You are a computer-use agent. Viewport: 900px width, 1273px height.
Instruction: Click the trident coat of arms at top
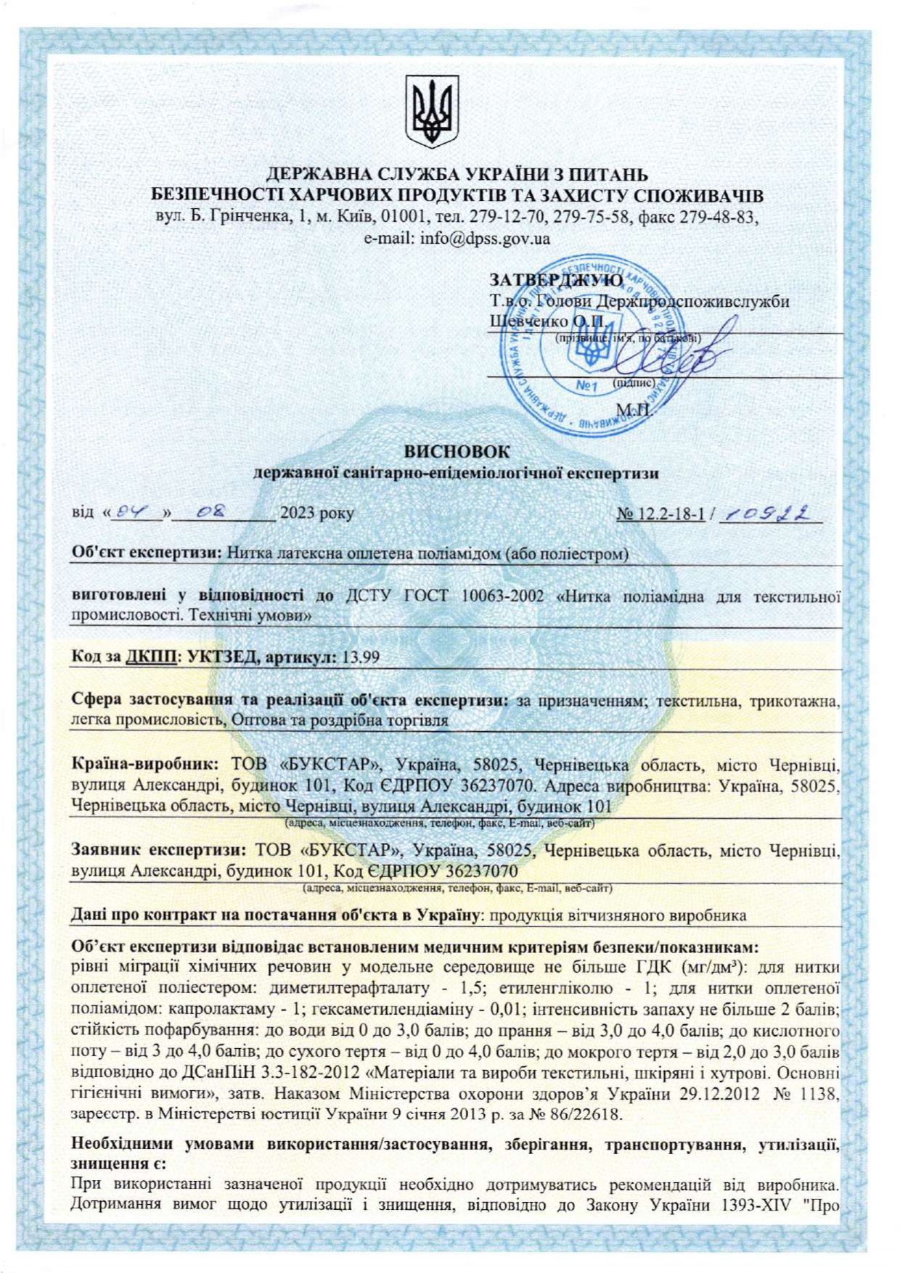[x=432, y=112]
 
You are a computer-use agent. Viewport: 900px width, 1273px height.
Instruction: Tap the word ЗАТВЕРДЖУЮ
[x=556, y=280]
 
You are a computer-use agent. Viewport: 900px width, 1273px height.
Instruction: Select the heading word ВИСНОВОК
[x=457, y=451]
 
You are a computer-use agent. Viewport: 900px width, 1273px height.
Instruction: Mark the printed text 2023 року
[x=317, y=514]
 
